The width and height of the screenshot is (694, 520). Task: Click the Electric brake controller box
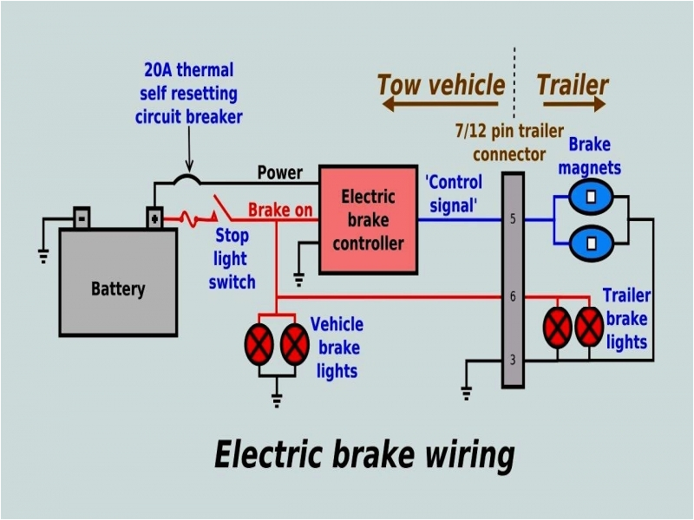368,219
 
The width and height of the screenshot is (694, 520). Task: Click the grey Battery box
118,281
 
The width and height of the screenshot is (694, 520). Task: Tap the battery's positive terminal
154,217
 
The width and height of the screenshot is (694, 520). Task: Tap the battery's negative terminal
81,217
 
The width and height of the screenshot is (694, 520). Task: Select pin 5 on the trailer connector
513,219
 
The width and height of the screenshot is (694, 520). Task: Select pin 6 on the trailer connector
513,297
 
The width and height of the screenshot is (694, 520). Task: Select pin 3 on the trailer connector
513,360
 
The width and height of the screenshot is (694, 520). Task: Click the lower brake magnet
591,243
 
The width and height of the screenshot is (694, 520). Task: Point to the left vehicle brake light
259,343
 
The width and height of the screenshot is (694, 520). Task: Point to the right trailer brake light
590,327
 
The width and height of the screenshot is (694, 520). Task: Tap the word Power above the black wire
280,172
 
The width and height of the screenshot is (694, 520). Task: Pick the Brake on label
280,211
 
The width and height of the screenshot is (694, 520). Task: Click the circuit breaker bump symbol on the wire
187,179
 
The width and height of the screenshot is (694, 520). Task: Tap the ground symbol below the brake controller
298,277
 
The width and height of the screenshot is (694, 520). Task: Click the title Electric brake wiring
364,454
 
